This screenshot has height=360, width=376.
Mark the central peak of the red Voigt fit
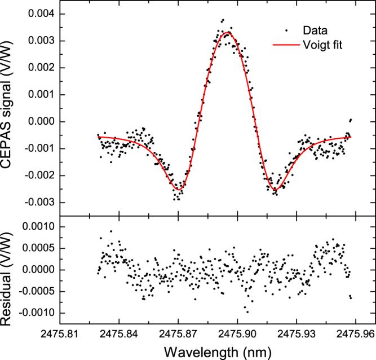coord(227,33)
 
